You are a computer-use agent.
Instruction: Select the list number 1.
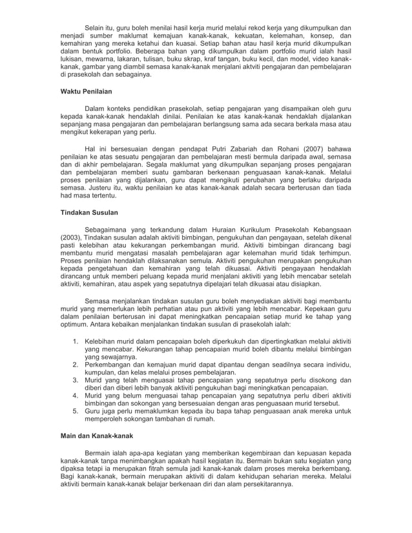(x=75, y=339)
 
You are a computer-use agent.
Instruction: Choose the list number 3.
(x=75, y=380)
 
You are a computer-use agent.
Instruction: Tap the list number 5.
(x=75, y=411)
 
